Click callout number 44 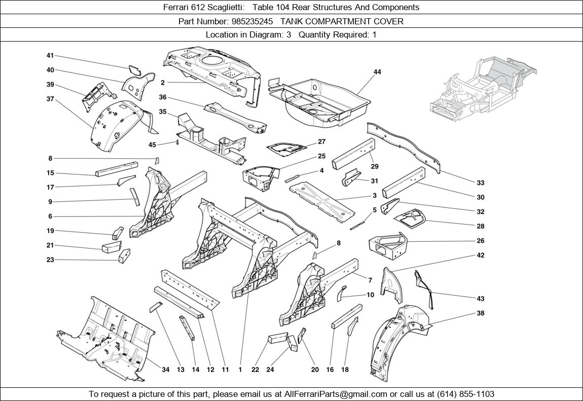tap(377, 72)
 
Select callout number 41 tap(50, 56)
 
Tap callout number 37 tap(50, 99)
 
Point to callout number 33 tap(481, 183)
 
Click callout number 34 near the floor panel tap(165, 370)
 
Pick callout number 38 tap(481, 313)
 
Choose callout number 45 tap(152, 145)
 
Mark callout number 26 tap(481, 241)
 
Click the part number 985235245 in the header tap(250, 21)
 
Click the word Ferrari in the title tap(176, 7)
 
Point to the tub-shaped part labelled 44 tap(319, 101)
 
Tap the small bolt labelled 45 tap(178, 142)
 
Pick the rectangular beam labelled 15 tap(117, 169)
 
